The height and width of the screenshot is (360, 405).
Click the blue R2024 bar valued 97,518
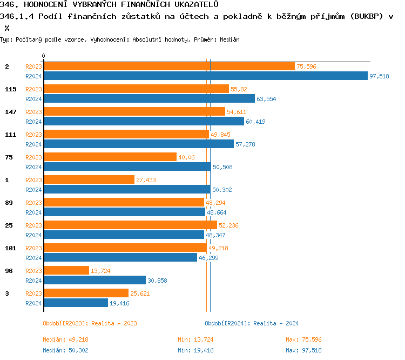tap(205, 76)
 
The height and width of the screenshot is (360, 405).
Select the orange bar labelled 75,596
tap(169, 66)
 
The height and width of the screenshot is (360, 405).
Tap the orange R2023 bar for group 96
tap(66, 270)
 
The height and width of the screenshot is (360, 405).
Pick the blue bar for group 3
tap(76, 303)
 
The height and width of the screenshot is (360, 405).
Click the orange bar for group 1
tap(89, 179)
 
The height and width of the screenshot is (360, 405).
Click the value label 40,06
tap(186, 157)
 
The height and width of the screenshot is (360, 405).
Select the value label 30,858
tap(157, 281)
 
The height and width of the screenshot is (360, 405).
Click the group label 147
tap(11, 112)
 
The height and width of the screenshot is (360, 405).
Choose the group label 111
tap(11, 135)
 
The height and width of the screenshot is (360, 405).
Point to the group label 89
tap(9, 203)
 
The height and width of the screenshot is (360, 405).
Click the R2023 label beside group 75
tap(33, 157)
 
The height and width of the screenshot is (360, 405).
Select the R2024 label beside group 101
tap(33, 258)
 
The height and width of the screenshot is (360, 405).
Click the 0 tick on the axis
tap(43, 56)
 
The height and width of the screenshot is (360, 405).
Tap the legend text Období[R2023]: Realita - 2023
tap(90, 323)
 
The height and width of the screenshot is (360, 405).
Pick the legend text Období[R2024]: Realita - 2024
tap(252, 323)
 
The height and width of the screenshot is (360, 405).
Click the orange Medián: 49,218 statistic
tap(65, 339)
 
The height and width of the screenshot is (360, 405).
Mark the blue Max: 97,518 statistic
tap(303, 350)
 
